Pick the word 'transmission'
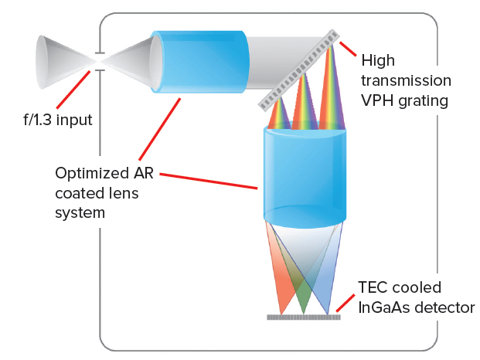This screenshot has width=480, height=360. [x=407, y=79]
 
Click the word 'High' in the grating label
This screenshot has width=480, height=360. [x=378, y=59]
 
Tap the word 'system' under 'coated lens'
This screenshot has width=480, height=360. [x=80, y=212]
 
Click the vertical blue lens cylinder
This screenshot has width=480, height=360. [x=305, y=174]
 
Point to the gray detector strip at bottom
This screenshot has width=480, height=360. [x=305, y=317]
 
